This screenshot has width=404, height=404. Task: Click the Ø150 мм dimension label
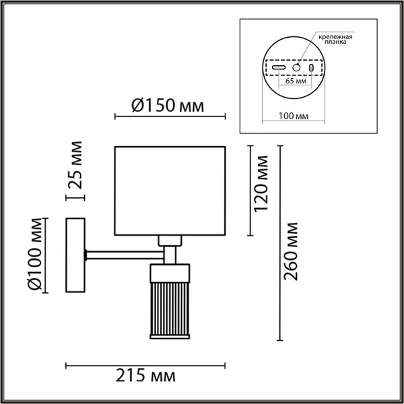(x=166, y=105)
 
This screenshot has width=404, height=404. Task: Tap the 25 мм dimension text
(x=76, y=165)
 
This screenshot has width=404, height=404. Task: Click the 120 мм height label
(x=261, y=180)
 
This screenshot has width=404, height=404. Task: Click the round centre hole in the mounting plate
(x=294, y=67)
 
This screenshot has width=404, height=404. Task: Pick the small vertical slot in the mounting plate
(x=311, y=67)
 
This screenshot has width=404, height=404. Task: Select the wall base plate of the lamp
(x=74, y=255)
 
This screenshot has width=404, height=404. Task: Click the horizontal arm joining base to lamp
(x=125, y=254)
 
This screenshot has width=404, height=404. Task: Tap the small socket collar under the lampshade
(x=171, y=240)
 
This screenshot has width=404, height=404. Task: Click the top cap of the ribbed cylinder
(x=172, y=271)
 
